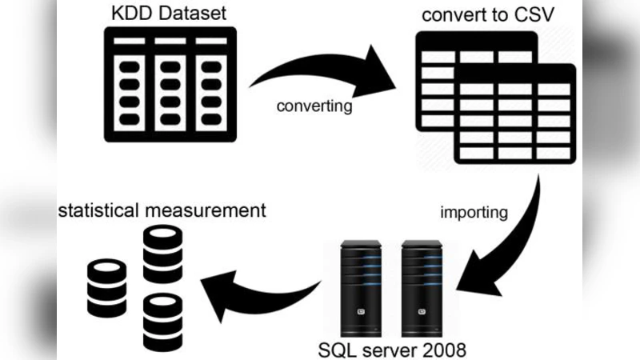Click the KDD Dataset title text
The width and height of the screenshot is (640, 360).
tap(170, 14)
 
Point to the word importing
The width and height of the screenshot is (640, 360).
tap(474, 213)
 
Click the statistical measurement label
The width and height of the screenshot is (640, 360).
tap(161, 211)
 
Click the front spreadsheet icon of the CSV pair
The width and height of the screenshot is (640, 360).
tap(514, 112)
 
